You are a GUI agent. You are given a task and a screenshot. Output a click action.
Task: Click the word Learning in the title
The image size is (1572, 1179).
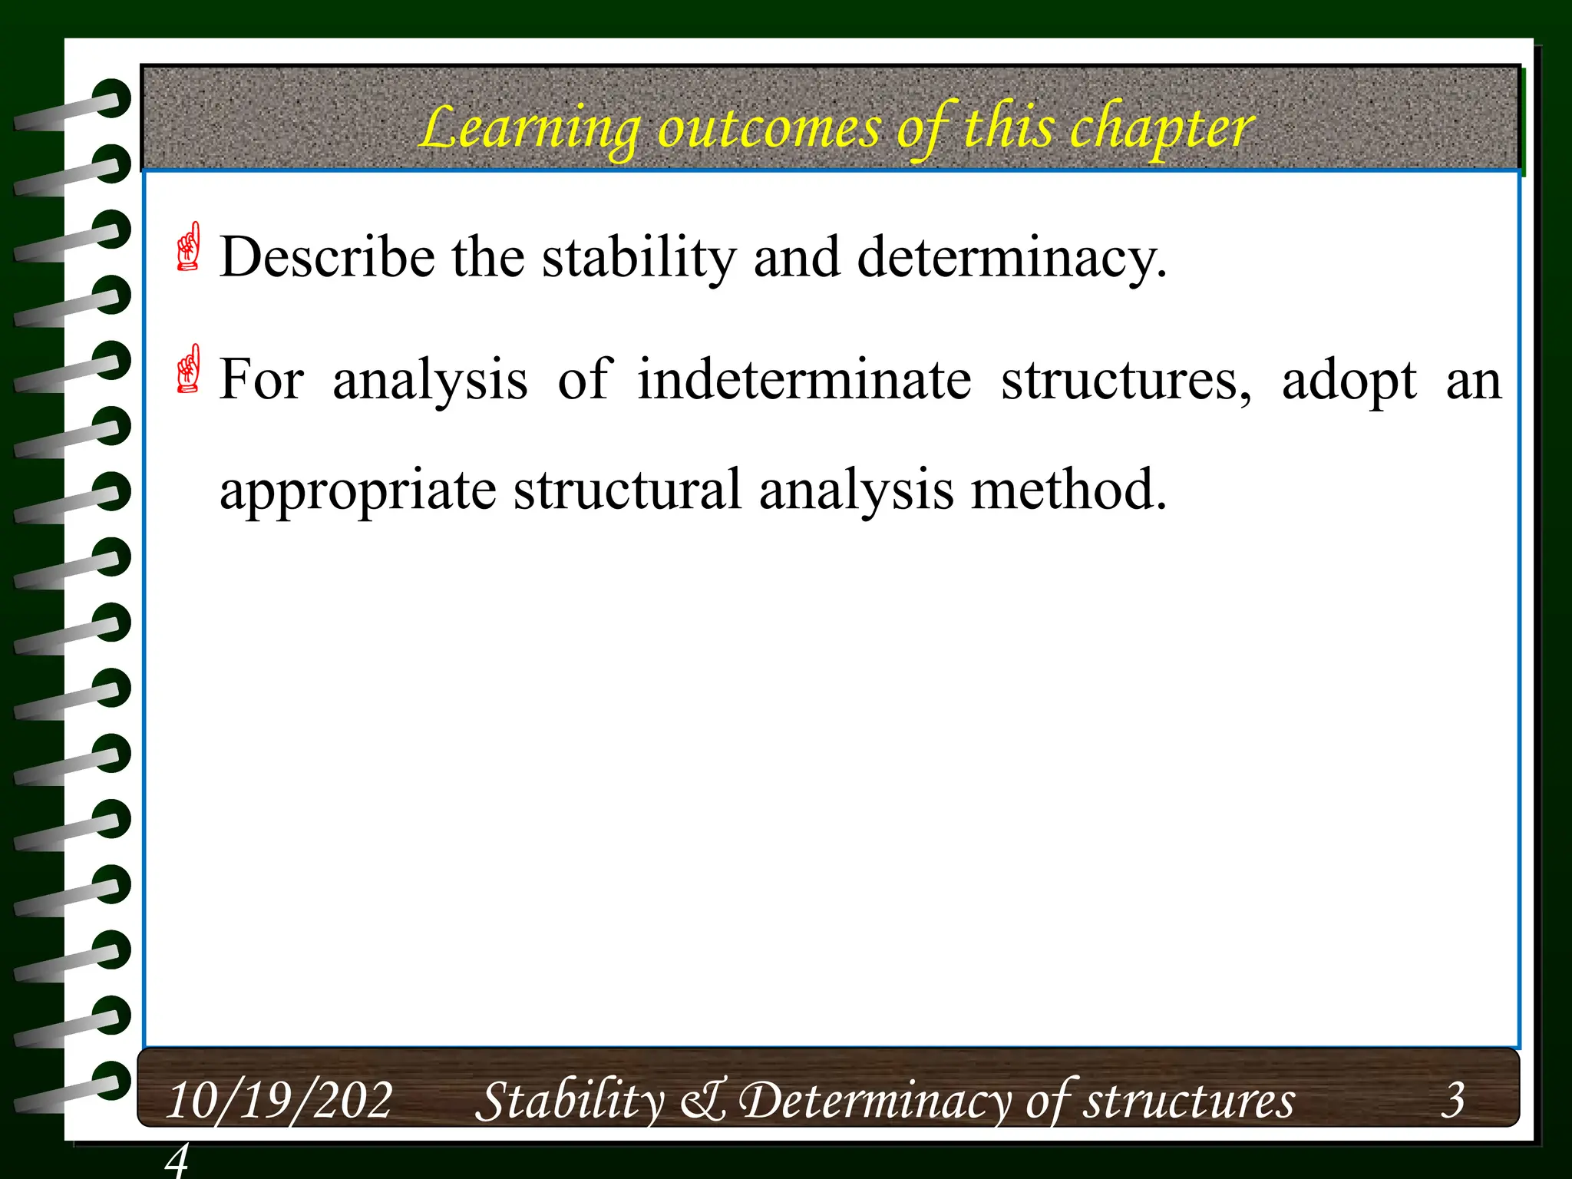click(x=530, y=129)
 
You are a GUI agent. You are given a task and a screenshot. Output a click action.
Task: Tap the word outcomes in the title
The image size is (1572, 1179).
click(x=768, y=129)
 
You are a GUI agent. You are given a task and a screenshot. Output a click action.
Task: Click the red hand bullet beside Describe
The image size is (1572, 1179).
click(x=188, y=246)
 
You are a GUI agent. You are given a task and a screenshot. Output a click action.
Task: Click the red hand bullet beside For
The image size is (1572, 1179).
click(x=188, y=368)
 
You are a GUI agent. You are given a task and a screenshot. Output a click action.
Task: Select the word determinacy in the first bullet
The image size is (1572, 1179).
click(x=1012, y=257)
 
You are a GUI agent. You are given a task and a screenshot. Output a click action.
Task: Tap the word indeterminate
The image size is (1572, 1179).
click(x=804, y=380)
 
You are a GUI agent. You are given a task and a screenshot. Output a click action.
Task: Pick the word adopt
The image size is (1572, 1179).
click(x=1349, y=380)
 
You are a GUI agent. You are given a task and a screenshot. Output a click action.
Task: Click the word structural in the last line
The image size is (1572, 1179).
click(x=627, y=490)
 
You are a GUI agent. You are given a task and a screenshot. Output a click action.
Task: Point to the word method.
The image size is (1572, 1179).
click(x=1068, y=490)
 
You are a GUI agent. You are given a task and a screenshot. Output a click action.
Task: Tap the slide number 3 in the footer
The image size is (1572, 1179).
click(x=1452, y=1100)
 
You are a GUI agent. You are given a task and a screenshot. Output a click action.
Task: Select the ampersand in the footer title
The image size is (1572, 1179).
click(x=702, y=1100)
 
